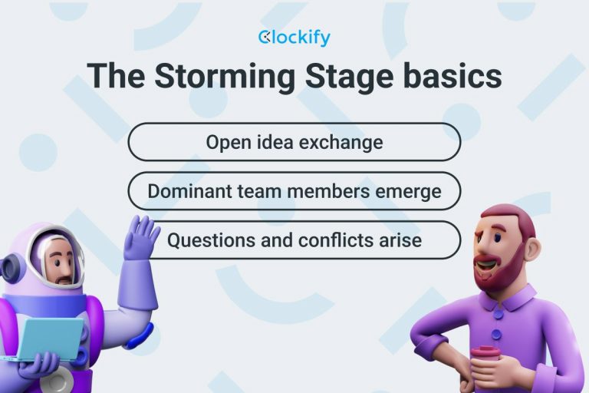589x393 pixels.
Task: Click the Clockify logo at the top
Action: click(x=294, y=37)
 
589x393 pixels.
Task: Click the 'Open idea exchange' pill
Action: click(x=294, y=142)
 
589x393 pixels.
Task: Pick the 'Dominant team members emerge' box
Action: click(x=294, y=191)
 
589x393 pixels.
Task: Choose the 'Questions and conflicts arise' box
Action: click(x=294, y=240)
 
